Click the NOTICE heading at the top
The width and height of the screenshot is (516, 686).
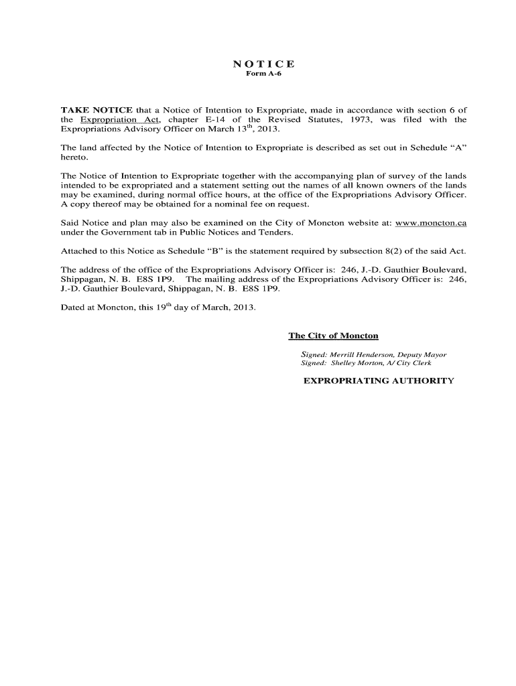pos(263,64)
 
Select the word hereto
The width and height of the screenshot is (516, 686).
pos(74,158)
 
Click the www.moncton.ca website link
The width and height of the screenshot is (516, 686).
pos(431,222)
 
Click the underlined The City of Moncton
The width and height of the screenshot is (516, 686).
pos(333,336)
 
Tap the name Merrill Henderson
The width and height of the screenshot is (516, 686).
pos(361,354)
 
